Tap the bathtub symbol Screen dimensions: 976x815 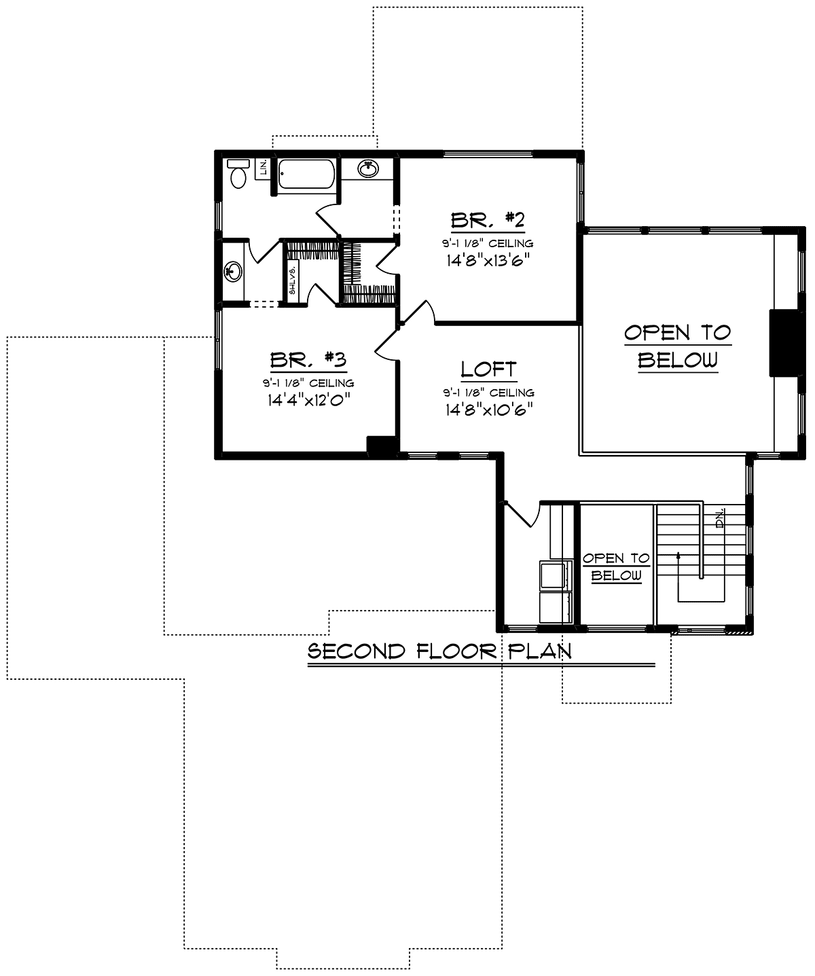[x=306, y=175]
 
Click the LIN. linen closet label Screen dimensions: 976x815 [x=262, y=168]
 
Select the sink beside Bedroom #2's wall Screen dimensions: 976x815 [x=369, y=168]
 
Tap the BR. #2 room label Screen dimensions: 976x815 [x=488, y=221]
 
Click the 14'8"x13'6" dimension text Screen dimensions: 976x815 [x=488, y=259]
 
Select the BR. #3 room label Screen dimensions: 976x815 [x=308, y=359]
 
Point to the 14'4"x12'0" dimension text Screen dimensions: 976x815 [x=308, y=399]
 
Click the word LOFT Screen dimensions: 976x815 [x=488, y=369]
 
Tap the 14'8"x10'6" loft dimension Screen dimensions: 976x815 [x=488, y=409]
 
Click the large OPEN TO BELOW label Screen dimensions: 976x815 [x=677, y=346]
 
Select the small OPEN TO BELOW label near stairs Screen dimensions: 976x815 [x=615, y=566]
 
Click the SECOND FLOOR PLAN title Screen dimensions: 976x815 [x=439, y=651]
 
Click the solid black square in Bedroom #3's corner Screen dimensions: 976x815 [x=380, y=445]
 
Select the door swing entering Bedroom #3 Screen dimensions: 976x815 [x=386, y=345]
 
